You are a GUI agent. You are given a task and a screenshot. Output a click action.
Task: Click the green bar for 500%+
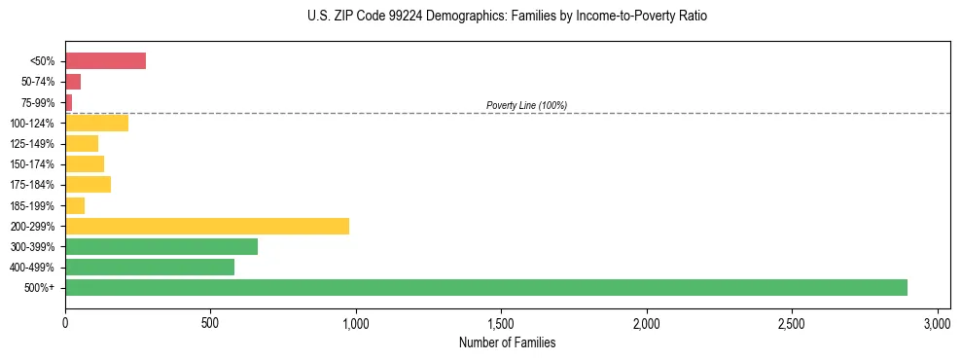(x=486, y=287)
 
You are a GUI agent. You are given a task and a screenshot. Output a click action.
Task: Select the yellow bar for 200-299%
(x=207, y=226)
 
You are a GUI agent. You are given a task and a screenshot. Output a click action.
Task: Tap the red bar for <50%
(x=105, y=61)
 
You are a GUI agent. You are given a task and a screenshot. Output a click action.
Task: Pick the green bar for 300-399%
(x=161, y=246)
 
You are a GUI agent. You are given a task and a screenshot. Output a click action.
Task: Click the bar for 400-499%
(x=150, y=267)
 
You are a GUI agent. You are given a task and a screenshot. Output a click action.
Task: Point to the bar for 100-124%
(x=96, y=123)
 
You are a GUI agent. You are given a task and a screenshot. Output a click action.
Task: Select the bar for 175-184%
(x=88, y=184)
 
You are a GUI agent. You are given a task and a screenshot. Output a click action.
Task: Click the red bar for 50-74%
(x=73, y=82)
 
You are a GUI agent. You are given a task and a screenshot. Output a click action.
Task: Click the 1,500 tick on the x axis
(x=501, y=322)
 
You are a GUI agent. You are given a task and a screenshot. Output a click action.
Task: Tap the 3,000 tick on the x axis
(x=937, y=322)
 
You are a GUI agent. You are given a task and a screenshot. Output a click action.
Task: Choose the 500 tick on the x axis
(x=210, y=322)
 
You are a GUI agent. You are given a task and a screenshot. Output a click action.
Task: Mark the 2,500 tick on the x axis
(x=792, y=322)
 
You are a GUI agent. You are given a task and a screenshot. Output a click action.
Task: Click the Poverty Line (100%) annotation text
(x=526, y=105)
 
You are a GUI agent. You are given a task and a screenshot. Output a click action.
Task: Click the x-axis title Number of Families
(x=507, y=342)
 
